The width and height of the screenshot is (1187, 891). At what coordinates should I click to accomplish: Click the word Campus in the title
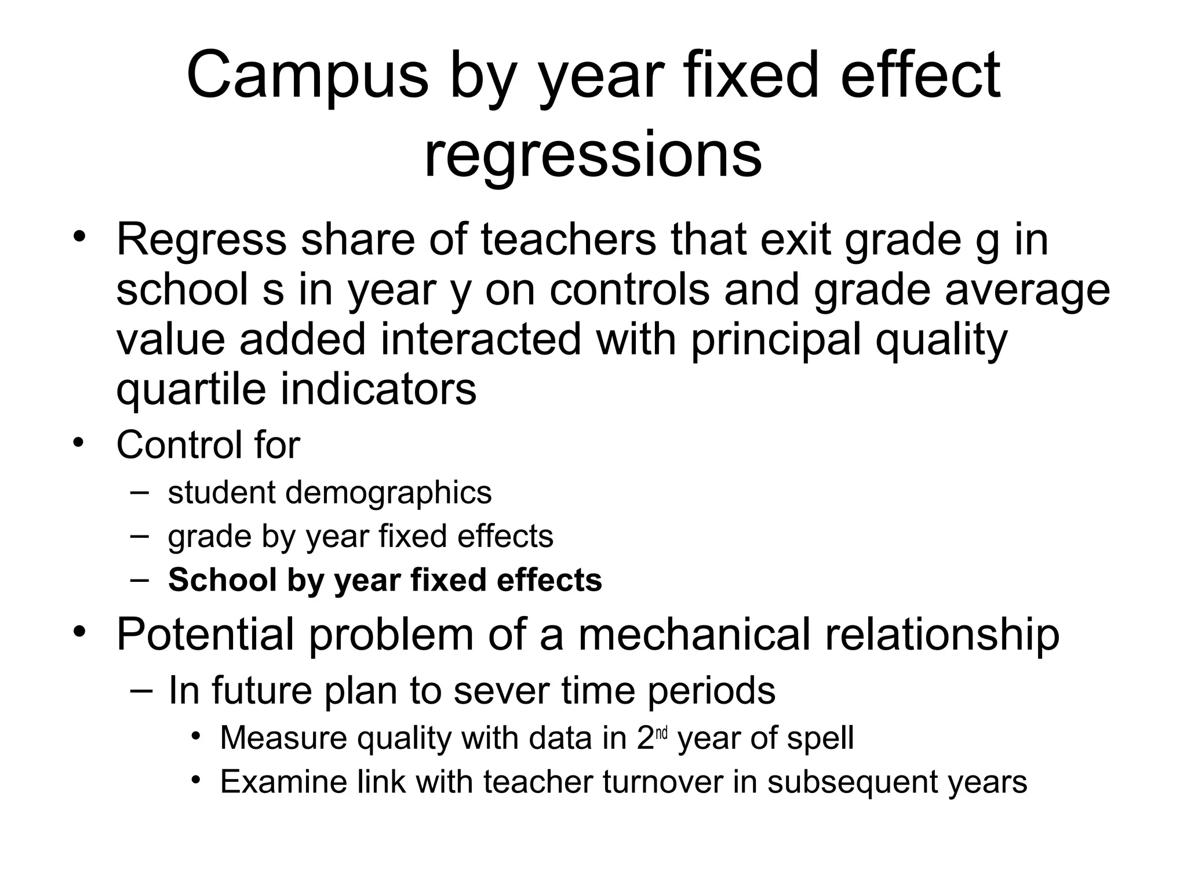click(x=307, y=76)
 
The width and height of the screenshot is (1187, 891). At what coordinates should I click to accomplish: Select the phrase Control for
click(x=208, y=445)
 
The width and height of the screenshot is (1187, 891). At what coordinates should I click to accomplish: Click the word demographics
click(x=388, y=492)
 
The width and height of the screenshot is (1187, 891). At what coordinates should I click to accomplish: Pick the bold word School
click(x=222, y=579)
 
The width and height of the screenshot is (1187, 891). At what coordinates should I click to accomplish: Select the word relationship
click(x=942, y=635)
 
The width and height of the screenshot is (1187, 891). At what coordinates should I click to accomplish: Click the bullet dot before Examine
click(x=196, y=780)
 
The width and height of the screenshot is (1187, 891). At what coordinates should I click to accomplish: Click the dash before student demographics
click(x=139, y=492)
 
